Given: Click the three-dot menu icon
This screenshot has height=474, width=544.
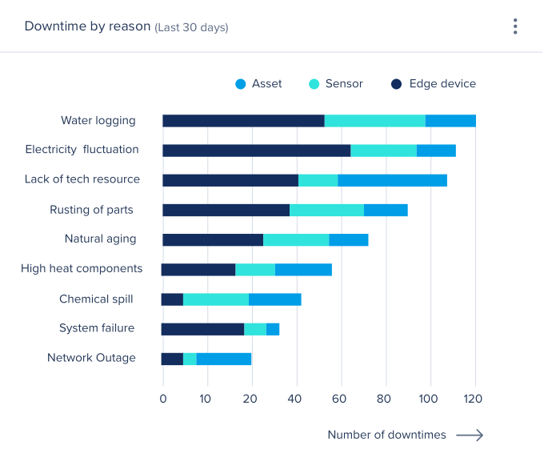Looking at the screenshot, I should click(515, 26).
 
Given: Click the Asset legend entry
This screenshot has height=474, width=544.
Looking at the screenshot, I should click(258, 83).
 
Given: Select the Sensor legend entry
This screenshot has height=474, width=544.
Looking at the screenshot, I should click(336, 83).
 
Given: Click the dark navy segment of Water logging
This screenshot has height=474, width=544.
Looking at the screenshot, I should click(243, 121).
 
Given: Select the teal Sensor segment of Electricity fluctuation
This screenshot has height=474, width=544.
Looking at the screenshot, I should click(384, 151).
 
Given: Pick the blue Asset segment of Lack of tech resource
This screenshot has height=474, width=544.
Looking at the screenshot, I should click(392, 180).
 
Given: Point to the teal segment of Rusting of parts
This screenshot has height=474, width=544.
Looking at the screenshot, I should click(326, 210).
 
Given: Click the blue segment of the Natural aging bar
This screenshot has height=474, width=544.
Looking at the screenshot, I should click(349, 239).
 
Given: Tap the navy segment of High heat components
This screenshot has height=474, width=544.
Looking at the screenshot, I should click(198, 270).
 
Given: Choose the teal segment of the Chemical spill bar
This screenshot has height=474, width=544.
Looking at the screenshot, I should click(216, 299).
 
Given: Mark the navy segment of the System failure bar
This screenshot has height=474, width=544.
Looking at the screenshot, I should click(202, 329).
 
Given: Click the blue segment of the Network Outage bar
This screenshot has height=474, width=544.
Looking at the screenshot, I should click(224, 359).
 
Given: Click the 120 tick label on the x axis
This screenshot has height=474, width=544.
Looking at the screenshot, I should click(475, 398).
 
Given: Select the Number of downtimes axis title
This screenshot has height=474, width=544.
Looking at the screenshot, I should click(386, 435).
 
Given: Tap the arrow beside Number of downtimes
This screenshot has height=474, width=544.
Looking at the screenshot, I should click(470, 435).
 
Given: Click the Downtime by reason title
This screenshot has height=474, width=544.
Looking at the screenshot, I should click(87, 26).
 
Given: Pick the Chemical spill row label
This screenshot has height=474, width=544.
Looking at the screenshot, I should click(96, 299).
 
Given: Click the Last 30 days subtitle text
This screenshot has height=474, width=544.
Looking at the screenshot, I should click(191, 27).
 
